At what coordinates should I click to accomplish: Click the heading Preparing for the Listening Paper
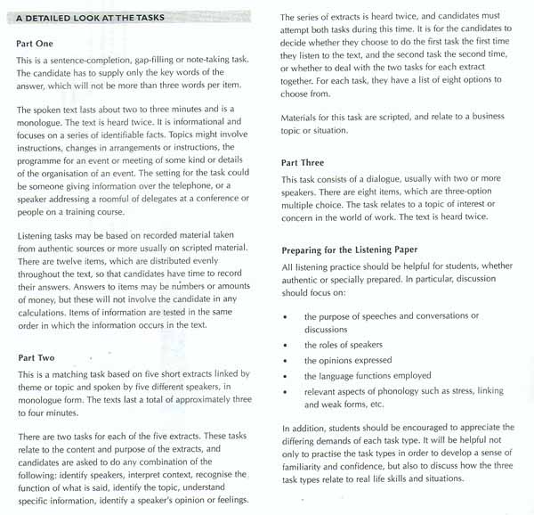[358, 249]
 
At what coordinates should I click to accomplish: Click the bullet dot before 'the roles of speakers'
[286, 345]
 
